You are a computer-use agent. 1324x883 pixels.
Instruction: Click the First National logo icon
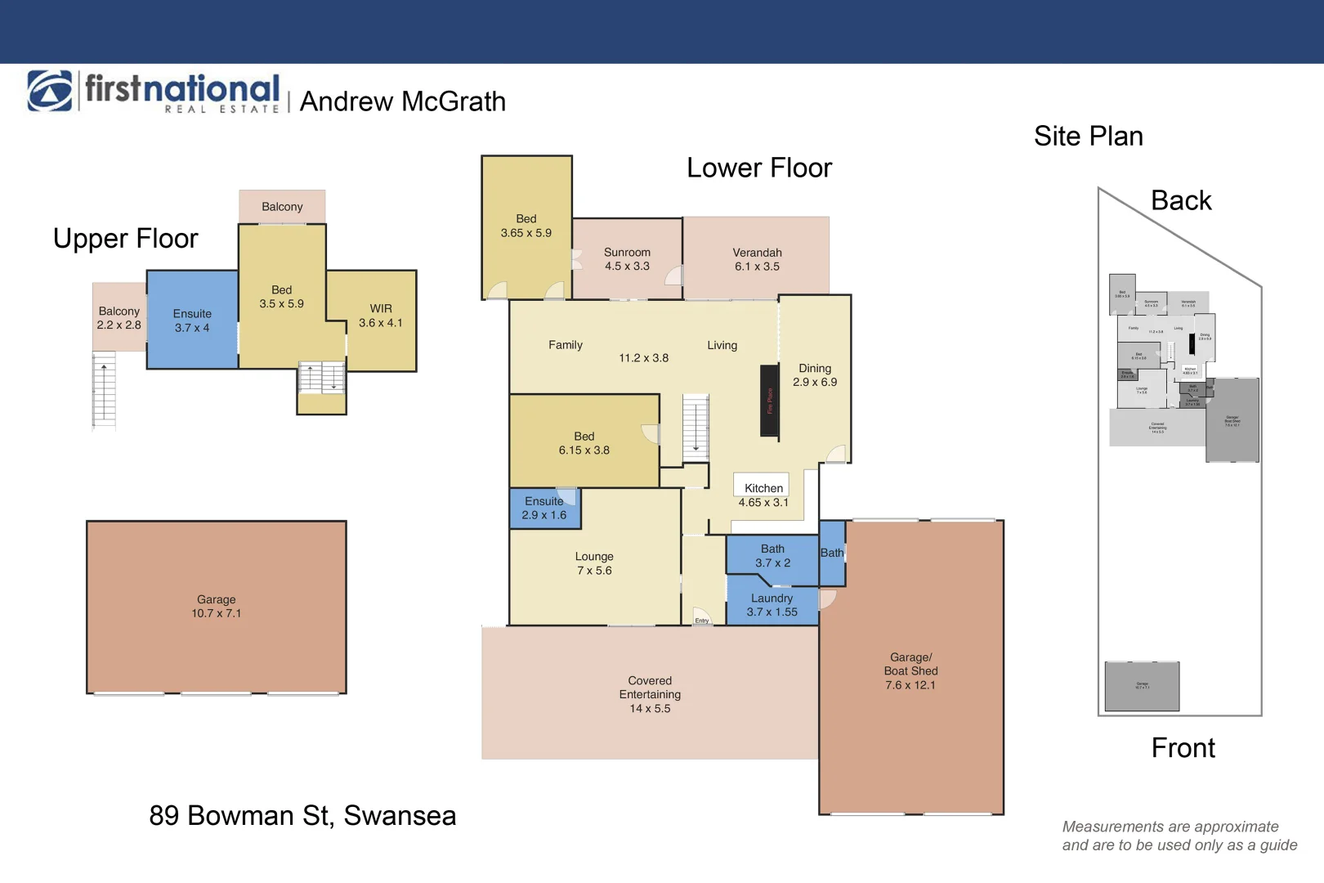50,91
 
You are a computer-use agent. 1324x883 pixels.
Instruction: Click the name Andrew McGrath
402,101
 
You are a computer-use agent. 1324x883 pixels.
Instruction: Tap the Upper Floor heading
125,238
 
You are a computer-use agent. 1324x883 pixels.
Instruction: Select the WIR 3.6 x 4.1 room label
381,316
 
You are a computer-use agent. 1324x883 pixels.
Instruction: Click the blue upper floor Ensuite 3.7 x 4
192,320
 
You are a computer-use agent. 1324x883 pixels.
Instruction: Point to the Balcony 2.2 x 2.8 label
119,318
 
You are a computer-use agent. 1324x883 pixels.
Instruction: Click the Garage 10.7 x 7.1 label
216,607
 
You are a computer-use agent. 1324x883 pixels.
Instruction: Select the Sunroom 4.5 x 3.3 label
627,259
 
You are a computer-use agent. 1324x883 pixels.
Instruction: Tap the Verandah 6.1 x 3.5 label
757,259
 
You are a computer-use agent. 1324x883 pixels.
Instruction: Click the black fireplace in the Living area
769,401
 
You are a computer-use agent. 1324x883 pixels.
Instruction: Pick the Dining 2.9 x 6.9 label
815,375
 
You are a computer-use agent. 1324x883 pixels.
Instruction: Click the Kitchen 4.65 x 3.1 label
763,495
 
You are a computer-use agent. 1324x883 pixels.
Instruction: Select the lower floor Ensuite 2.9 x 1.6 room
544,508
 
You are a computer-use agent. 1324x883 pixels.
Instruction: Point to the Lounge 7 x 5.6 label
594,563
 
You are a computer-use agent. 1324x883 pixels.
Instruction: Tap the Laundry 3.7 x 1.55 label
772,605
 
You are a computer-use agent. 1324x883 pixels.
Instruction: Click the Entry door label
702,621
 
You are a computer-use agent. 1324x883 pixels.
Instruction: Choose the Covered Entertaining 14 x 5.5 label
650,694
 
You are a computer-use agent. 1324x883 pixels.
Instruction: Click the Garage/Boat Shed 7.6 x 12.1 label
910,671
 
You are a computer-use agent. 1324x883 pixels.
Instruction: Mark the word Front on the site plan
1183,747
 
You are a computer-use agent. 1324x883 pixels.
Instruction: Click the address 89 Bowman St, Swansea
302,815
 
